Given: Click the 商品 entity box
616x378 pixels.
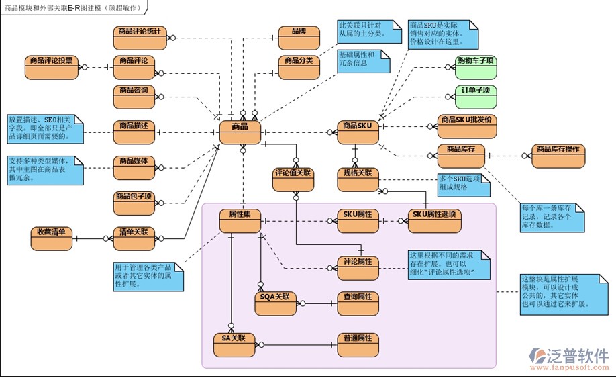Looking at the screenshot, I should pos(240,132).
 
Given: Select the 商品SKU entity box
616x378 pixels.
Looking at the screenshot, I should pos(357,132).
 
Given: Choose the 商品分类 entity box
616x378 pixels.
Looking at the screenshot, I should pos(299,66).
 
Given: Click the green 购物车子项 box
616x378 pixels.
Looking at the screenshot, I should pos(476,66).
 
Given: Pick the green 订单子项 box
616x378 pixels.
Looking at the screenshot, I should pos(476,95).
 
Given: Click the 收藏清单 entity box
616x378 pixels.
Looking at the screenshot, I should pos(52,238).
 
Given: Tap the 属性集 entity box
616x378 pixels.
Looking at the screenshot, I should pos(240,220).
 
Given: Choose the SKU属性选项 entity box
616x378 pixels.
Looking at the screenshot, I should pos(434,220).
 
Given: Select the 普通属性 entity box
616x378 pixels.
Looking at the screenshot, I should pos(358,344).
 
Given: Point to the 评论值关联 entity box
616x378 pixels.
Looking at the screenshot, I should pos(293,179).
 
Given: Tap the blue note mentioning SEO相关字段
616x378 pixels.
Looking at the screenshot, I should pos(46,129).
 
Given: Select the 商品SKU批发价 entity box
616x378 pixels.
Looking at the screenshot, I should pos(468,126).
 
